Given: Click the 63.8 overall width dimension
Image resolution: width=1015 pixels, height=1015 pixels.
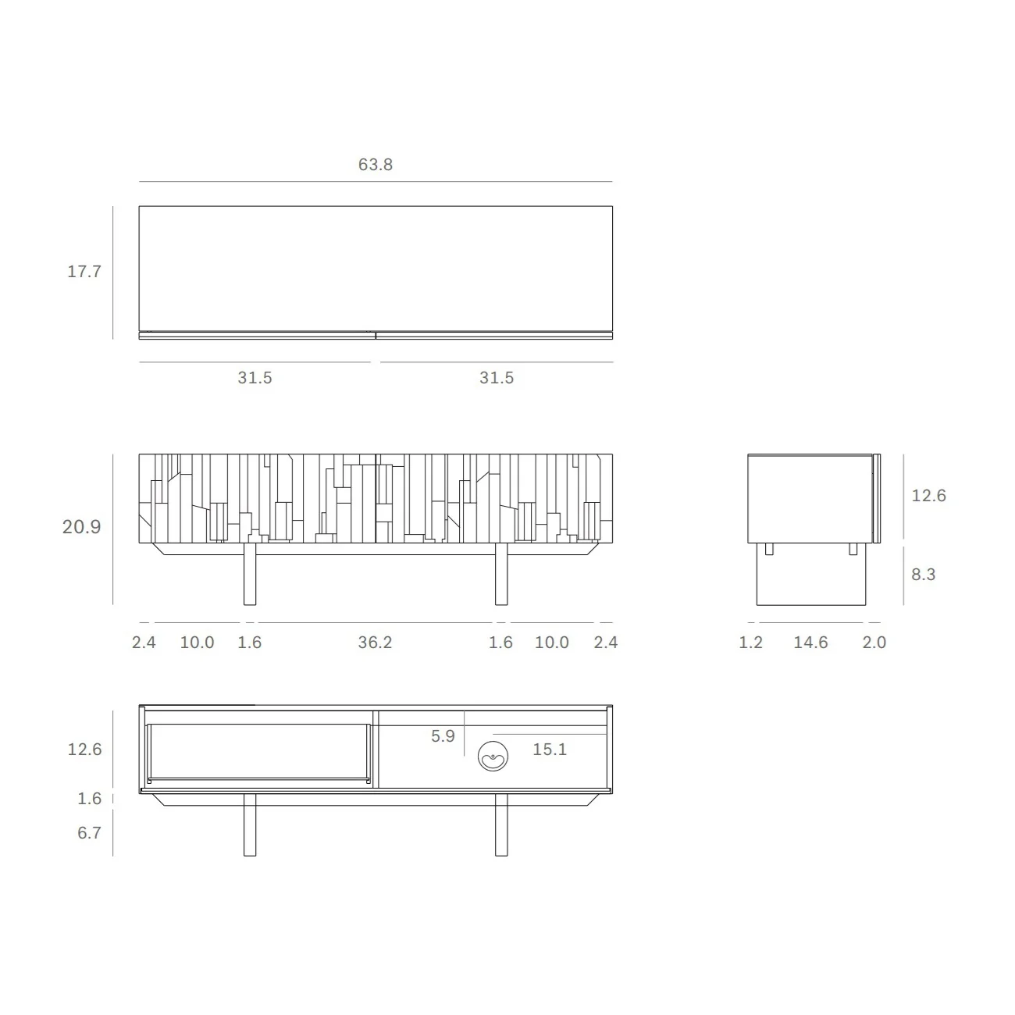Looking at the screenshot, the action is click(375, 165).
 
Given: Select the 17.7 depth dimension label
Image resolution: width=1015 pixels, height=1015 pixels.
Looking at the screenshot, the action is click(84, 272).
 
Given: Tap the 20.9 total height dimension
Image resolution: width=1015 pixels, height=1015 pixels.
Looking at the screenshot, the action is click(82, 527).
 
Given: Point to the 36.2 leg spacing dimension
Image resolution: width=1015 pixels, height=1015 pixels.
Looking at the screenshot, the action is click(375, 643).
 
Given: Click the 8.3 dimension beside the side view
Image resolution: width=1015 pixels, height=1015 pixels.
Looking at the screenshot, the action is click(924, 575).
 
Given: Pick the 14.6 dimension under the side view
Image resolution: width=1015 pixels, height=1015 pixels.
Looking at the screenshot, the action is click(810, 643).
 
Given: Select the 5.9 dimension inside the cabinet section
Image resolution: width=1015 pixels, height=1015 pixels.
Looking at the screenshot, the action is click(443, 736).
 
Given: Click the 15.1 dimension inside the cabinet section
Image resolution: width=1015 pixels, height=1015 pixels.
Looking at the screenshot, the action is click(550, 750).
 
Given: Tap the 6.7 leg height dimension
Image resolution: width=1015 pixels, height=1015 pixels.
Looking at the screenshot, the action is click(90, 833).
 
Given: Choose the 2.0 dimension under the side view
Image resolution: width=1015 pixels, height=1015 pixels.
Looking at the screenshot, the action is click(874, 643).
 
